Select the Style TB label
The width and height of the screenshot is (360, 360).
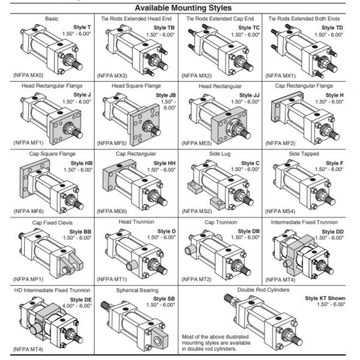pos(163,28)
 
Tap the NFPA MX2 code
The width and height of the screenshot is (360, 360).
pos(195,75)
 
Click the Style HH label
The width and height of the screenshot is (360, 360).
pos(163,163)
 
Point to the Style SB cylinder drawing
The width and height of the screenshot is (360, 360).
pos(135,327)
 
